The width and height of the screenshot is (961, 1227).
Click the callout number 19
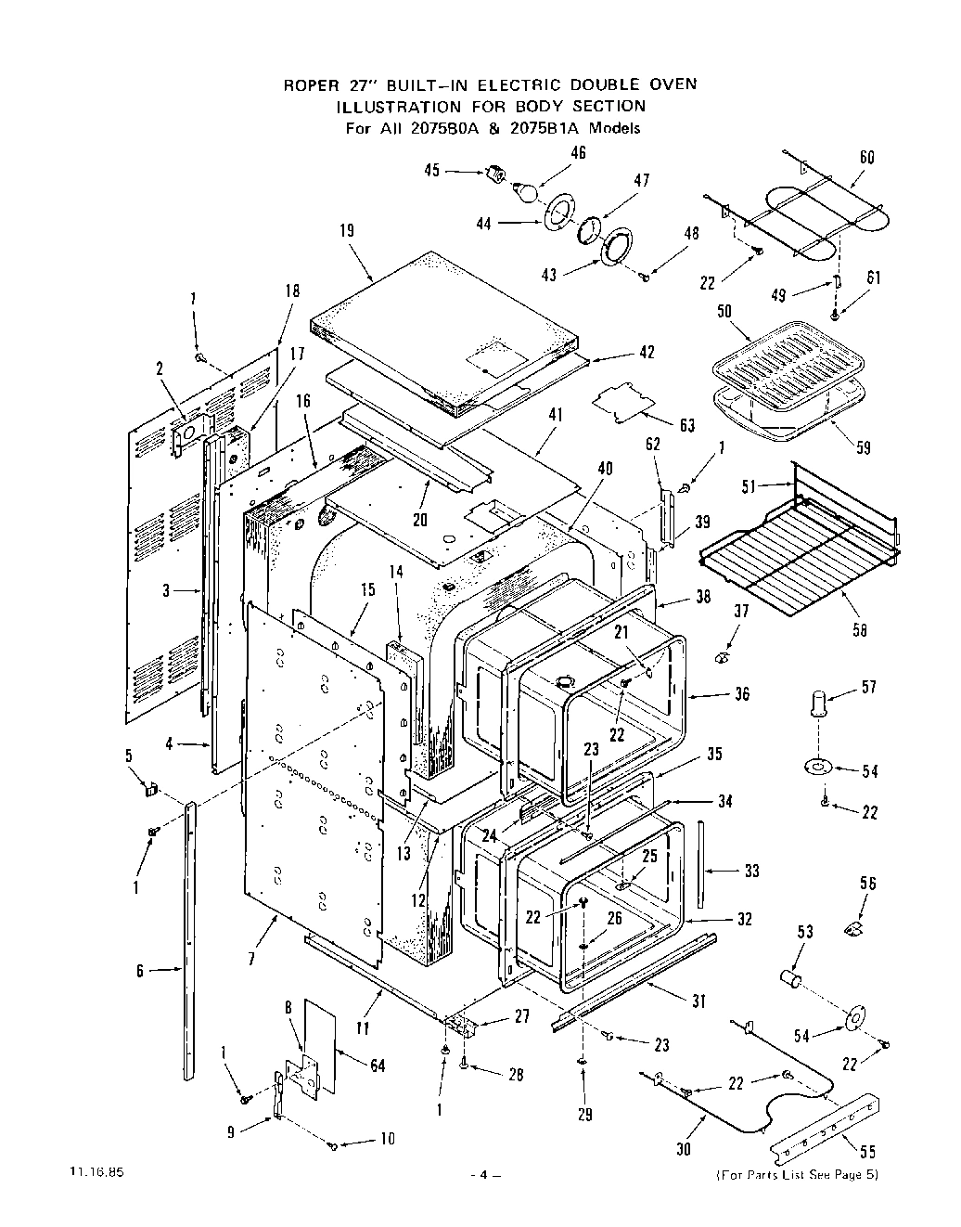point(346,231)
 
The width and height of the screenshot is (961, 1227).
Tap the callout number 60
point(866,158)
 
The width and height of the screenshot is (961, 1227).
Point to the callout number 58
point(860,630)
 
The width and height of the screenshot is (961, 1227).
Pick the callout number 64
point(378,1066)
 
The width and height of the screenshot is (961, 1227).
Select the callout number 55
point(867,1154)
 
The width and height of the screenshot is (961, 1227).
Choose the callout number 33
point(751,872)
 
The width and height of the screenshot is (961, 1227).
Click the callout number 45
point(431,170)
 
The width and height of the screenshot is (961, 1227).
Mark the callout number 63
point(686,425)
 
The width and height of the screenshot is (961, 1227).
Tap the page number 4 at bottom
point(483,1175)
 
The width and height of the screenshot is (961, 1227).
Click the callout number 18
point(293,291)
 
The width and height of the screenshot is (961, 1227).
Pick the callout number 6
point(139,971)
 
